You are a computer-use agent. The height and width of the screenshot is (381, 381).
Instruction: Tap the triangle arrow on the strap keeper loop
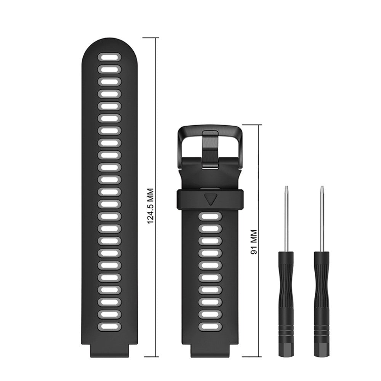(210, 199)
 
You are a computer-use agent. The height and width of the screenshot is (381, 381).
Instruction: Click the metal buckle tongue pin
(210, 150)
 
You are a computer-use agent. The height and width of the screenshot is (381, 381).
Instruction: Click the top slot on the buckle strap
(210, 217)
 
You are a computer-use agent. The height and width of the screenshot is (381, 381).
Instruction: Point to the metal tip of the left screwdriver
(286, 190)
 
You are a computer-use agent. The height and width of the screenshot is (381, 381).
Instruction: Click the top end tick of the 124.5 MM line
(151, 38)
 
